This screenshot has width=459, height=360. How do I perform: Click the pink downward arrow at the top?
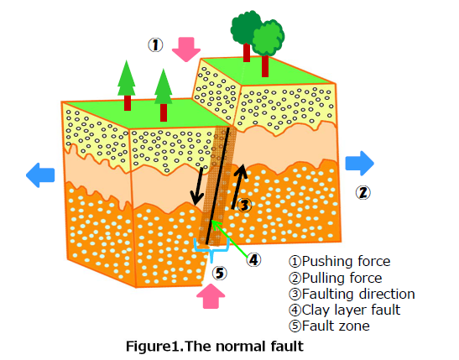tap(186, 50)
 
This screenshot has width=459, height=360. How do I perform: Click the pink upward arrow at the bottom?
tap(211, 296)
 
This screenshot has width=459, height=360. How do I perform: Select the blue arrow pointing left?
tap(40, 175)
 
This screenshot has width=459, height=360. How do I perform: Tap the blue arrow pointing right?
tap(359, 164)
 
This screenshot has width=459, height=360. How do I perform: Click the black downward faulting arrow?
tap(198, 186)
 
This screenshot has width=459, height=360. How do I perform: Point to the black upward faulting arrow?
tap(238, 187)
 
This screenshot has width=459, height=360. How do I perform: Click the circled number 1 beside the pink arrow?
tap(155, 45)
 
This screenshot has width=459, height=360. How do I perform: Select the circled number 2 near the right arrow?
tap(363, 192)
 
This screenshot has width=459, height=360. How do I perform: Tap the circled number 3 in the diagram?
tap(244, 205)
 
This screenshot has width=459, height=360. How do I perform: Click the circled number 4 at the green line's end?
tap(253, 260)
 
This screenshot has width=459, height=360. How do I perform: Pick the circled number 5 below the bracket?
tap(220, 273)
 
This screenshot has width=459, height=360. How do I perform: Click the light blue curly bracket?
tap(211, 250)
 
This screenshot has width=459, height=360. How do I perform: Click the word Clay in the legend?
tap(316, 310)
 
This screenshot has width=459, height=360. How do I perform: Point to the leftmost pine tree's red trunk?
tap(128, 102)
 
